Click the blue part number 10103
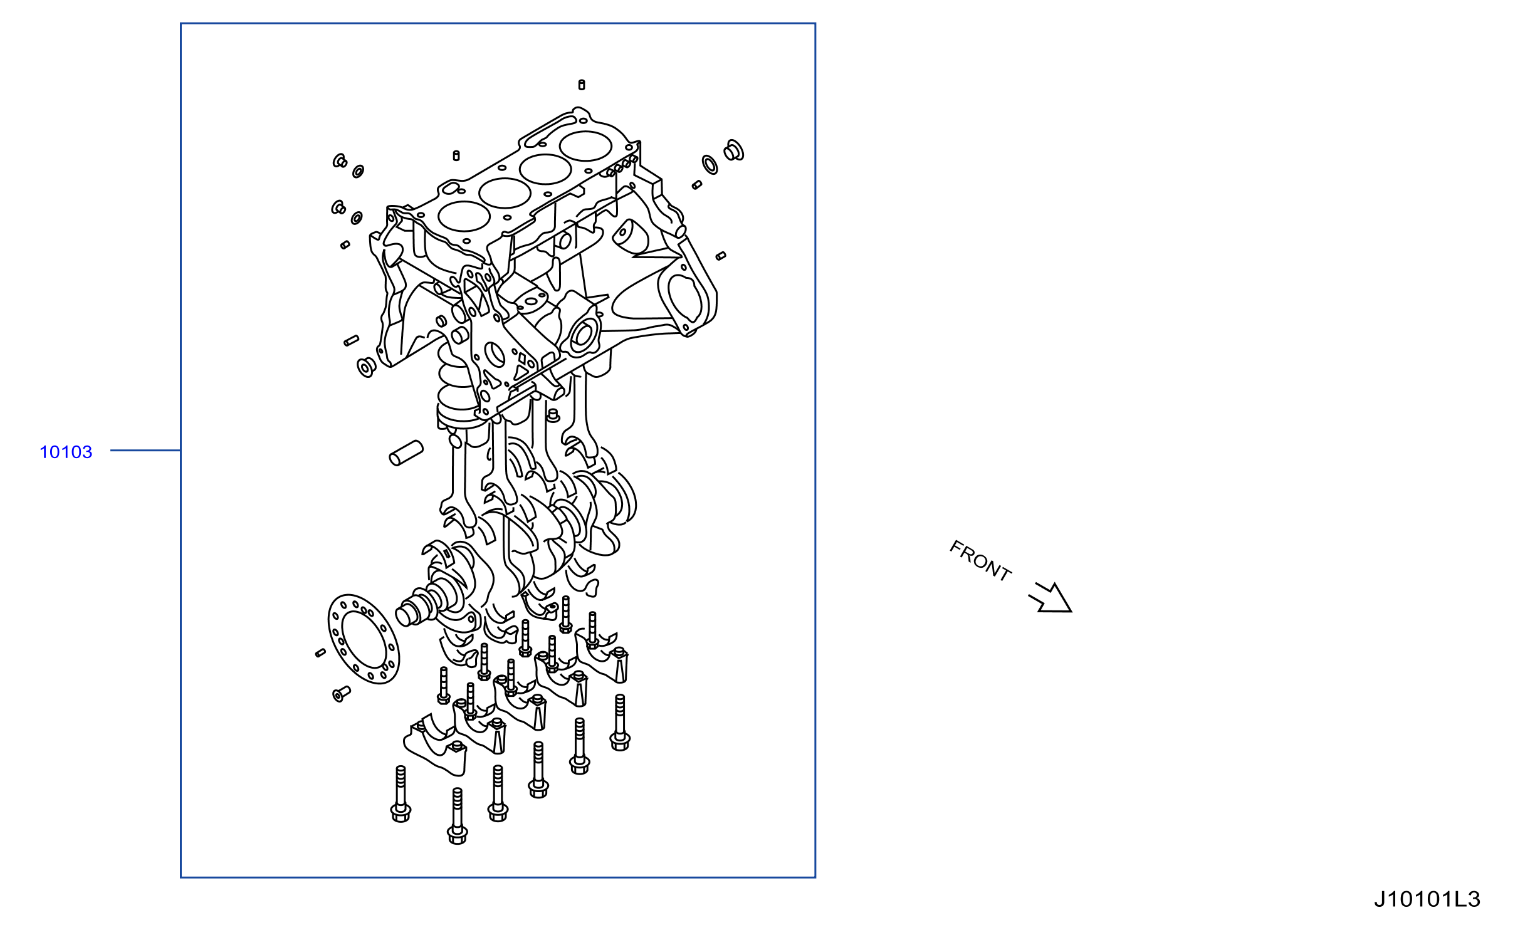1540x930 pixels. tap(66, 452)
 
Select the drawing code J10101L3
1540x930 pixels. tap(1427, 899)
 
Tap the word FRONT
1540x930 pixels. tap(981, 560)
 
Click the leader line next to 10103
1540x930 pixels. tap(145, 450)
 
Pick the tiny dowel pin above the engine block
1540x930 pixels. tap(582, 85)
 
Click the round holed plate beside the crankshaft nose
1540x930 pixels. tap(364, 639)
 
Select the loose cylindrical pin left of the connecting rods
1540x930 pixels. tap(406, 453)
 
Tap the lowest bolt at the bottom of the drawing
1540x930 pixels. tap(458, 816)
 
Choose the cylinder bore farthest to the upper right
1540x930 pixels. tap(585, 146)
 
